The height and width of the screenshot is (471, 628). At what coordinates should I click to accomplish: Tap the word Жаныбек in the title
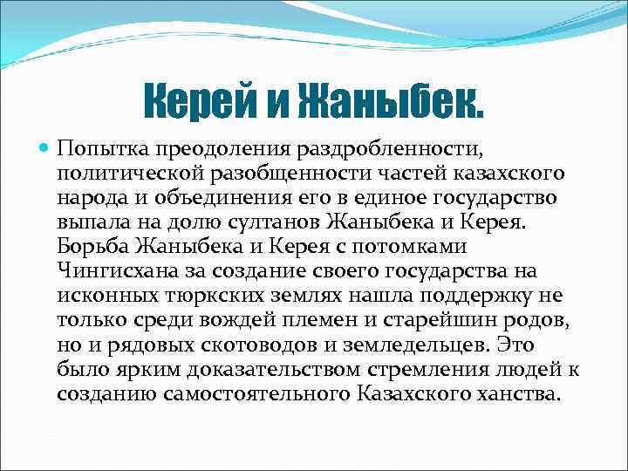tap(390, 103)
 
